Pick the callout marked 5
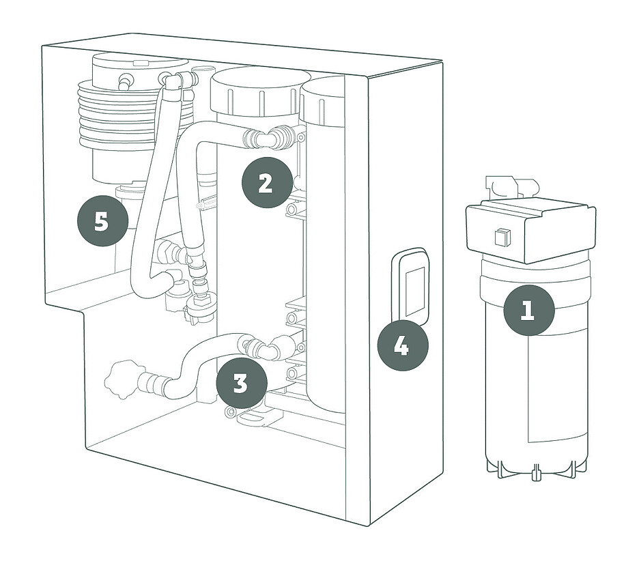tap(102, 222)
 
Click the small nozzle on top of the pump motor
tap(126, 81)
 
